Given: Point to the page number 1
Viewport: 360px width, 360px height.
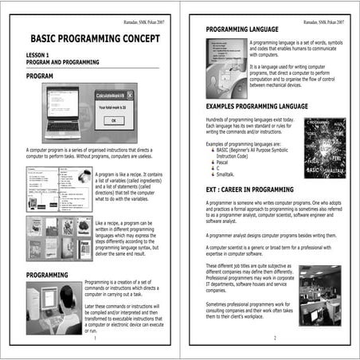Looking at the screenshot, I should tap(94, 338).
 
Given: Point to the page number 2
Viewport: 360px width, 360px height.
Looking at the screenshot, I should tap(273, 338).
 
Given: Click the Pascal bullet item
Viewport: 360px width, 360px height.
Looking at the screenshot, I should tap(225, 160).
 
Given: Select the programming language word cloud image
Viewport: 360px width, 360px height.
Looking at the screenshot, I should tap(323, 148).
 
